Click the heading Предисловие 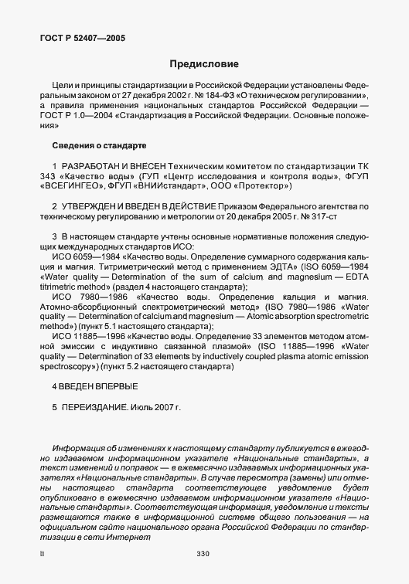click(x=204, y=63)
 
